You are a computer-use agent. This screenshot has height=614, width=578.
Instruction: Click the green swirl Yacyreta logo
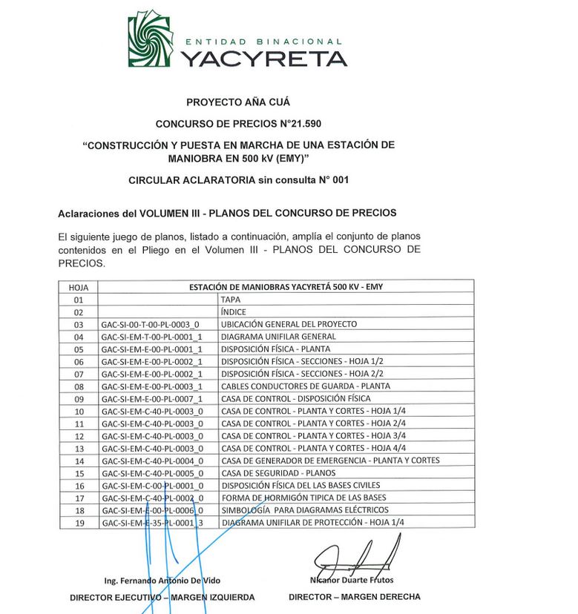pos(152,39)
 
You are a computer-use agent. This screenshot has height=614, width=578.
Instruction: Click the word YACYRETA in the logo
pos(264,59)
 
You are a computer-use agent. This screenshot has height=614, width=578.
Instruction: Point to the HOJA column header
pos(78,287)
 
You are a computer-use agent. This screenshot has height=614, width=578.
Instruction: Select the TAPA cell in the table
pos(231,300)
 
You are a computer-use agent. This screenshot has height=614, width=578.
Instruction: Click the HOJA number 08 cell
pos(79,386)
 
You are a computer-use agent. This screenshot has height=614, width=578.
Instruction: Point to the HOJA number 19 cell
pos(79,523)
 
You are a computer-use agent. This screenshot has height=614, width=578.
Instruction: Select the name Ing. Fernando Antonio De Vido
pos(162,580)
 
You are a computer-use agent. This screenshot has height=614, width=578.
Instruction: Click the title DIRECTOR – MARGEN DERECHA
pos(354,596)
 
